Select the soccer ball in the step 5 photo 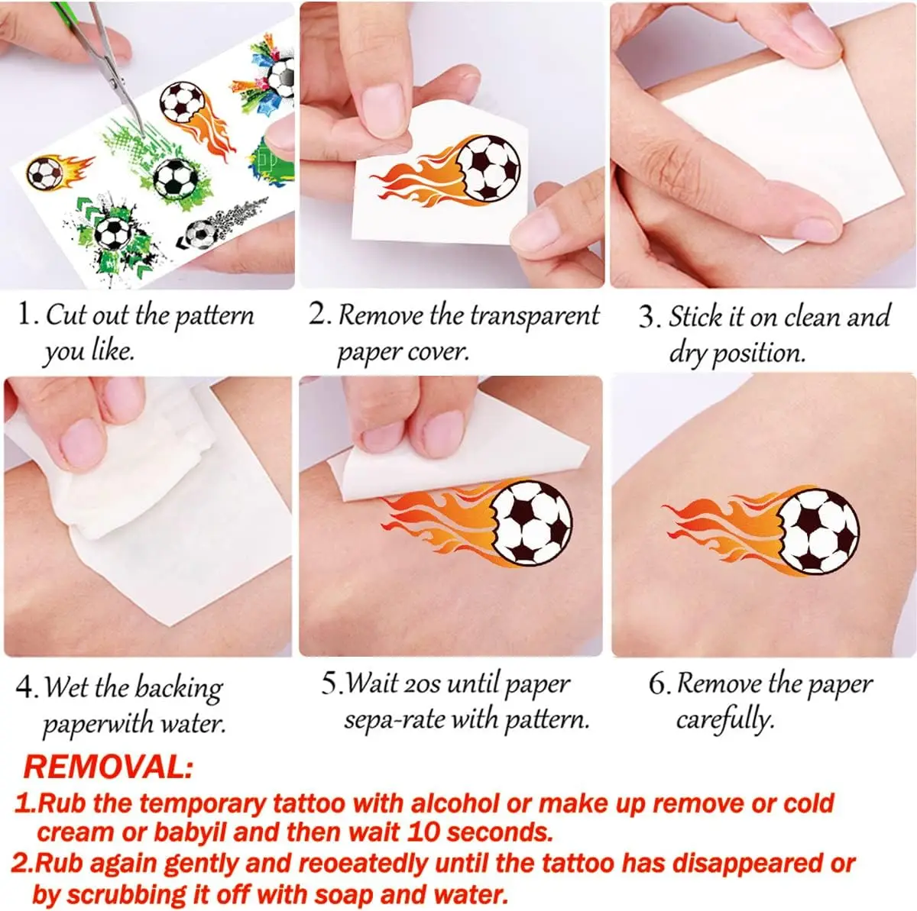point(531,522)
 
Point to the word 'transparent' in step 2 point(534,315)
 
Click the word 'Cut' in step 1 point(66,315)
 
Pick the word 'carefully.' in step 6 point(724,719)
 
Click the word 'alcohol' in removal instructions point(457,803)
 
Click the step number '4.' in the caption point(28,686)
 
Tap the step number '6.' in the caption point(659,684)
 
